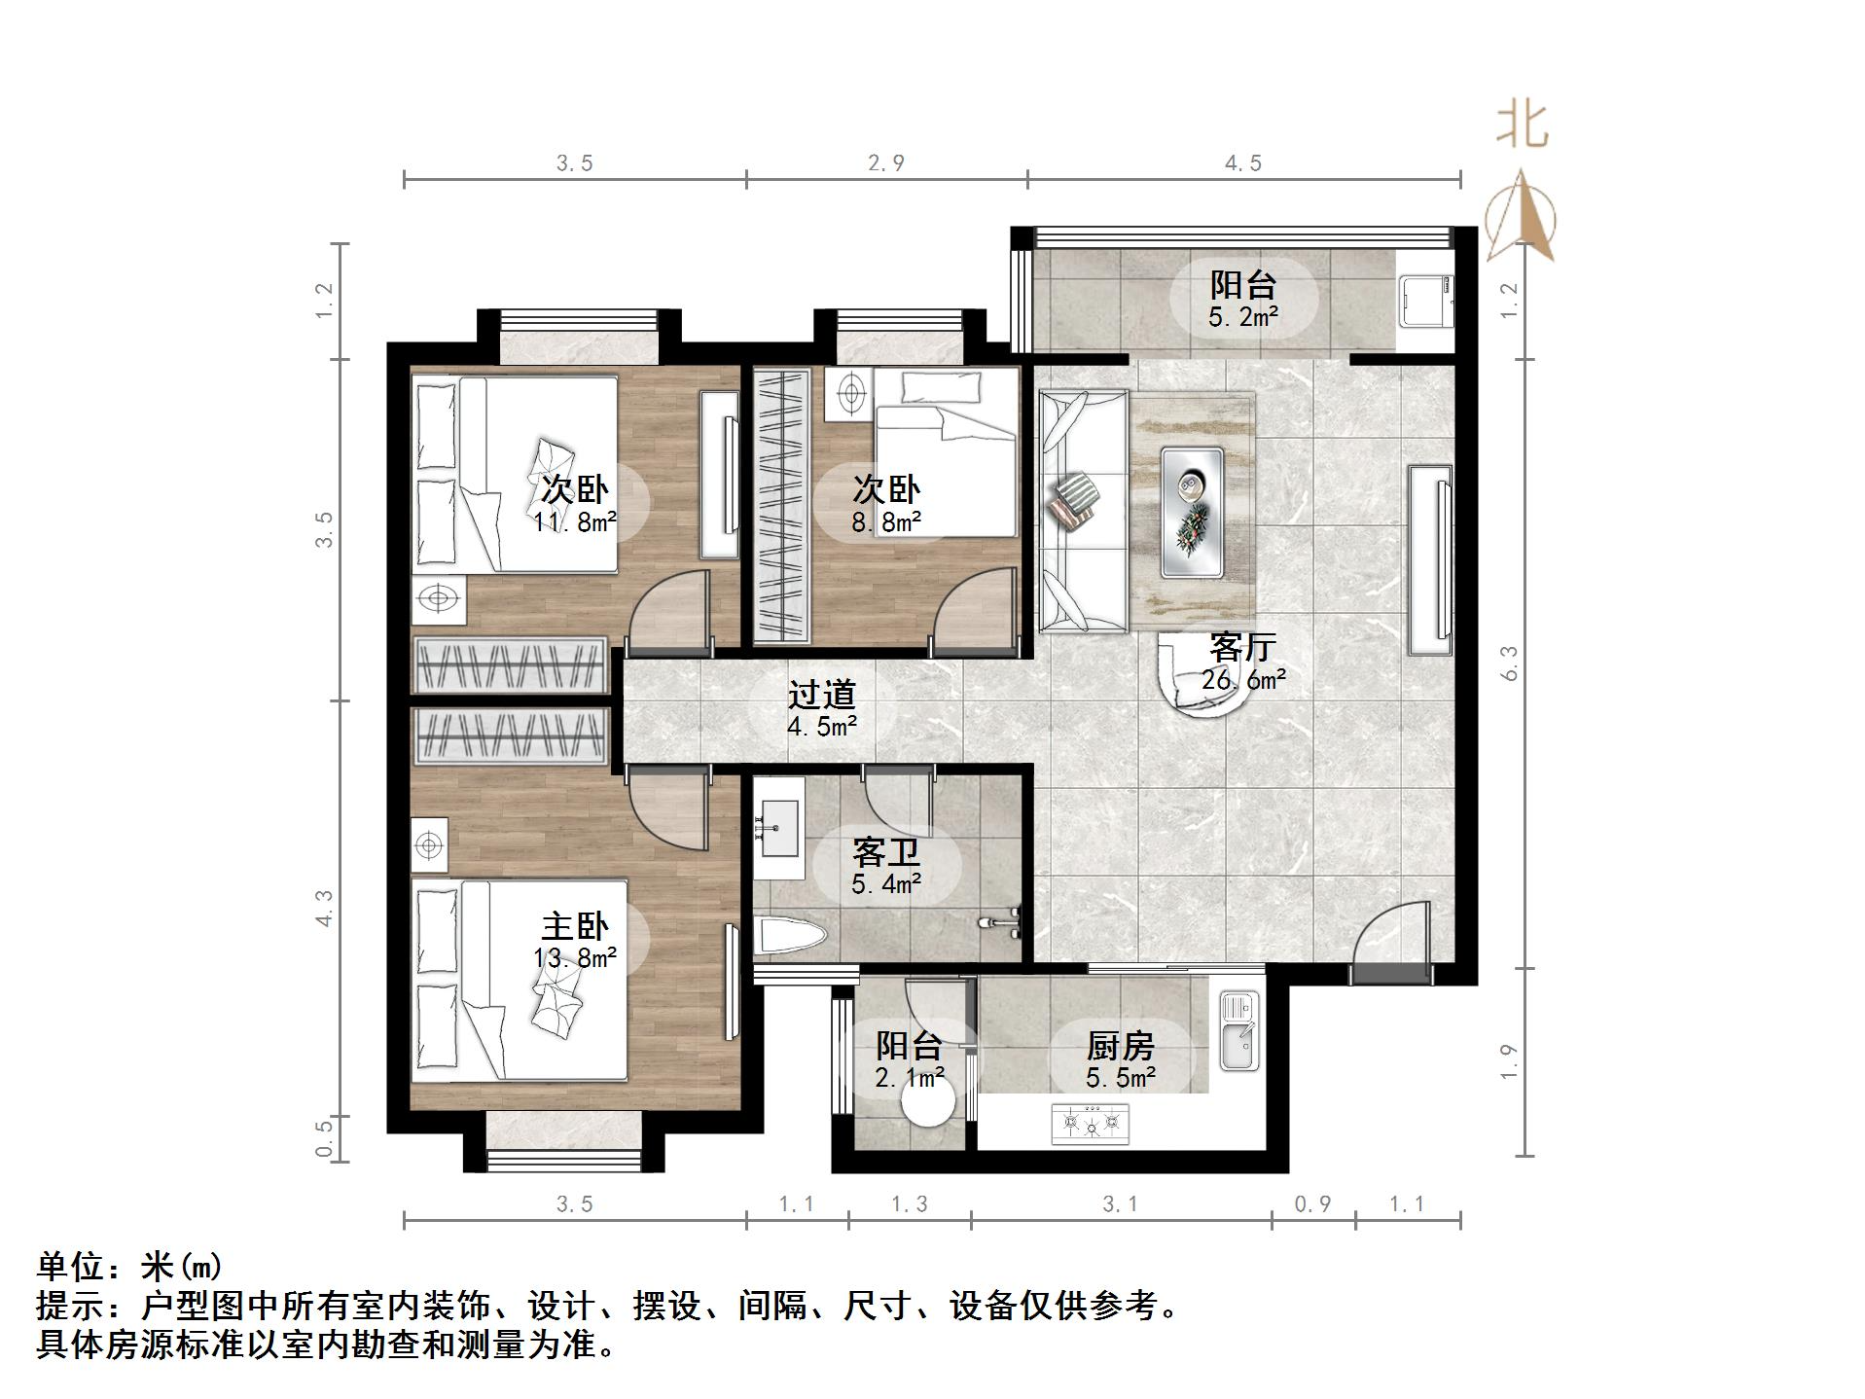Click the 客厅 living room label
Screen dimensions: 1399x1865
click(1242, 647)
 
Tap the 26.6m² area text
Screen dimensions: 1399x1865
click(1242, 680)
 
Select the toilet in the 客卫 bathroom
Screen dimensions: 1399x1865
click(790, 938)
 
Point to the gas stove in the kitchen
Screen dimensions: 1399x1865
click(1091, 1125)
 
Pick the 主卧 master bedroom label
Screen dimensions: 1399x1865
click(575, 926)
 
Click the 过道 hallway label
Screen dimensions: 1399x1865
click(822, 695)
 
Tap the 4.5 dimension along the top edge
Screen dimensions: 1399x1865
click(1242, 163)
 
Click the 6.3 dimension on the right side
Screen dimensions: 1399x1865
click(1510, 664)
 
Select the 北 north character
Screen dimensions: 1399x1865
click(1523, 126)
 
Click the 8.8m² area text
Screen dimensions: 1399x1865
click(886, 522)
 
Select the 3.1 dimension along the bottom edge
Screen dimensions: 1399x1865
click(1120, 1204)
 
